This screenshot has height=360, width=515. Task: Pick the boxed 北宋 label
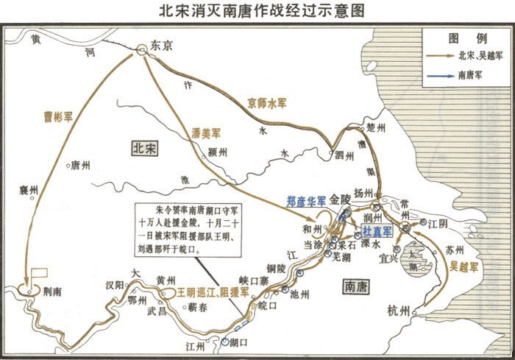(144, 147)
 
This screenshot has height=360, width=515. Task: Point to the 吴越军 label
(464, 262)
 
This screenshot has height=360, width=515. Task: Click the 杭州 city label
(402, 312)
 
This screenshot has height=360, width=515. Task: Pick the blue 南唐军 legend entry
(470, 74)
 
